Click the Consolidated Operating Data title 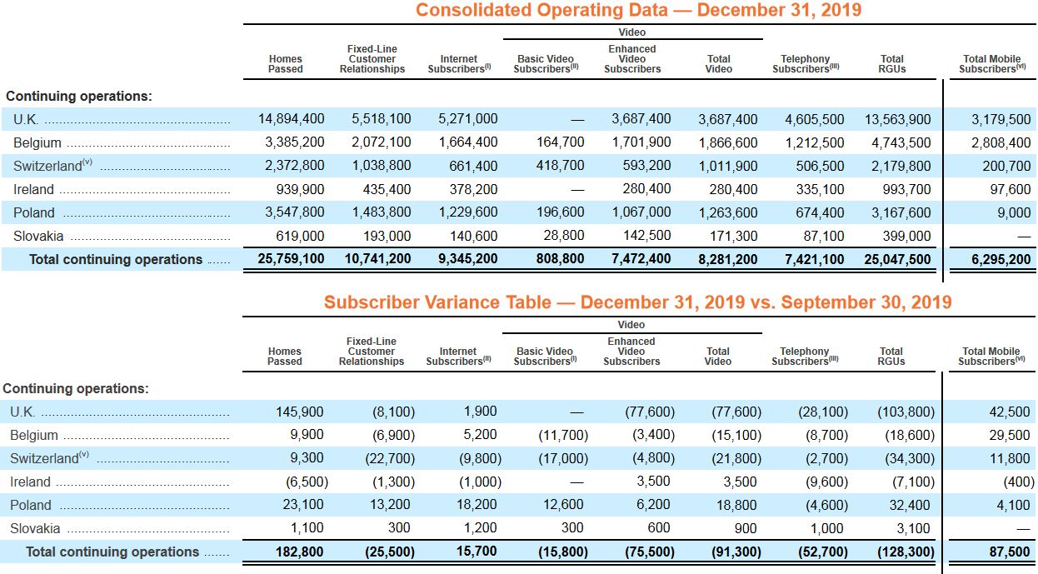638,11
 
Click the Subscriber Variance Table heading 637,302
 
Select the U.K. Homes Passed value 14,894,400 291,119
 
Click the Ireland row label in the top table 33,189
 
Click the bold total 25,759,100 291,259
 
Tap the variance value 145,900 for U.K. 300,412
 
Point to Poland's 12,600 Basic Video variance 564,505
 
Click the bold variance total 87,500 1008,552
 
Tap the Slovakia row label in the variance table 35,528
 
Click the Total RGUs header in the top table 891,64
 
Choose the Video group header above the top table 632,32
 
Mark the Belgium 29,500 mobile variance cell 1008,435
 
